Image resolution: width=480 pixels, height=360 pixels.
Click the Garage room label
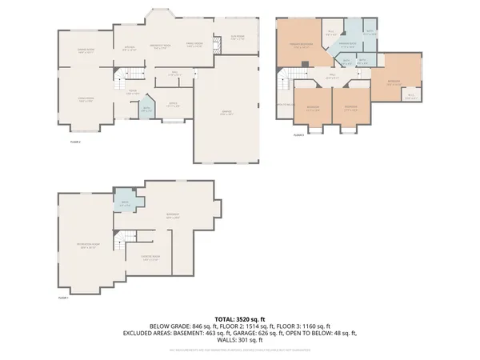(226, 113)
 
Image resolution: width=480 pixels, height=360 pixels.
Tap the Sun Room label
(238, 37)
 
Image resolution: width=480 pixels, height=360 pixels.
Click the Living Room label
(86, 100)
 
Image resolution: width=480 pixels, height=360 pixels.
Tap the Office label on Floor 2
(171, 103)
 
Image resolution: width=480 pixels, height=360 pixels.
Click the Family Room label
(194, 46)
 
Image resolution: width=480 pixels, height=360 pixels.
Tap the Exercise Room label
(150, 258)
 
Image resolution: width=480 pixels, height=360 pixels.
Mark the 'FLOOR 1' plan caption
(63, 298)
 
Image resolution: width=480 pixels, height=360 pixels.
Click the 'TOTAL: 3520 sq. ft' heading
(240, 318)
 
